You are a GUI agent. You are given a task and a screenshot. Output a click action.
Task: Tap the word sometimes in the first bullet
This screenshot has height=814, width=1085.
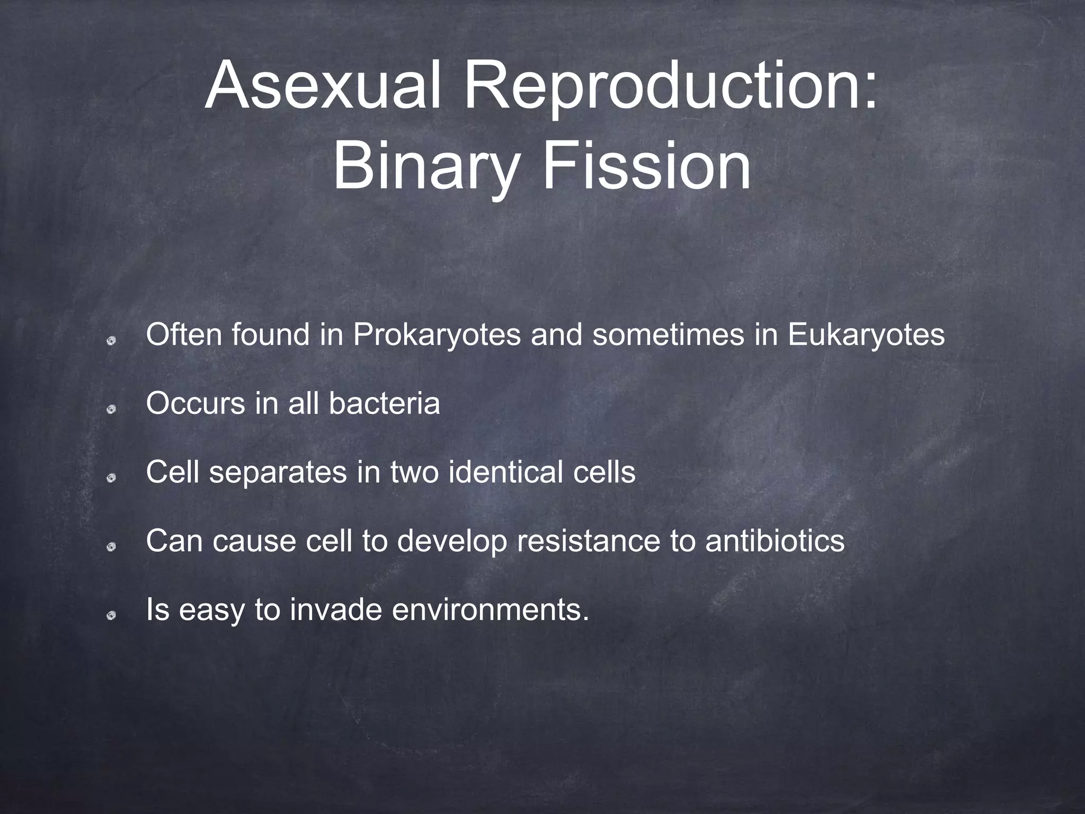tap(668, 335)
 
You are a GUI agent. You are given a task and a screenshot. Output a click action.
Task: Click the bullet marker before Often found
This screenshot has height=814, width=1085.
tap(111, 342)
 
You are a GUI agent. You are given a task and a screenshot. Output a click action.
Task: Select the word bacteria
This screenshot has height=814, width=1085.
tap(384, 404)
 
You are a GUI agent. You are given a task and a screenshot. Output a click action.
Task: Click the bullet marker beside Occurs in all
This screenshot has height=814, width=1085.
tap(111, 410)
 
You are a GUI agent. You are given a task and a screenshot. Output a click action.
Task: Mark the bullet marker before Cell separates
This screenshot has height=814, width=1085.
tap(111, 479)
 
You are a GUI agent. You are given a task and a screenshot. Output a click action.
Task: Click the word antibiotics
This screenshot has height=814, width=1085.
tap(775, 541)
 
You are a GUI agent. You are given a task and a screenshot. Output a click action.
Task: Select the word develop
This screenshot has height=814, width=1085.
tap(452, 541)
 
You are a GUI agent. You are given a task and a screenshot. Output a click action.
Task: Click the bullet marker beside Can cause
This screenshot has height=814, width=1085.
tap(111, 547)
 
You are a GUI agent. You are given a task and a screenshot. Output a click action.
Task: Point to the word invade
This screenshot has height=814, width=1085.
tap(335, 610)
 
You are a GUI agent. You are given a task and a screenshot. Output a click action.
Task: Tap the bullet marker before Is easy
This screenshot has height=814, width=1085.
tap(111, 616)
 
